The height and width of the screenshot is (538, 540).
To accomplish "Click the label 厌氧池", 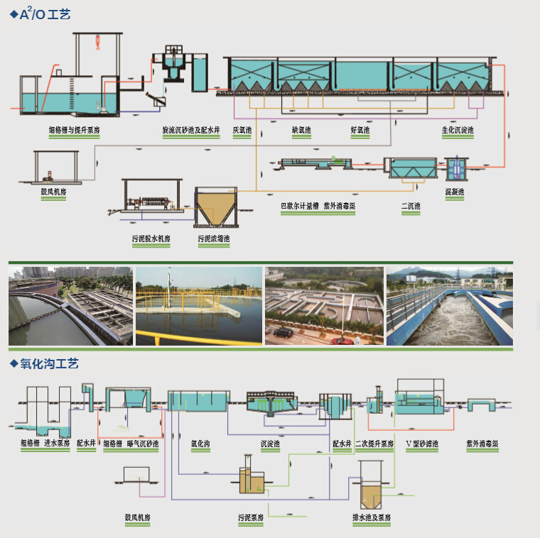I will click(x=242, y=131).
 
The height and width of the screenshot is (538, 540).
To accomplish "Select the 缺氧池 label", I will click(x=301, y=131).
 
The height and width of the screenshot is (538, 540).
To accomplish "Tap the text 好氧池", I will click(x=360, y=131).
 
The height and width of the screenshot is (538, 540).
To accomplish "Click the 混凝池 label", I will click(x=454, y=192).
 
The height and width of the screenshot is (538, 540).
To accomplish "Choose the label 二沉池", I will click(x=411, y=207).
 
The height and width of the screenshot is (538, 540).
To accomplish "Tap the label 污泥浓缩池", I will click(x=214, y=238).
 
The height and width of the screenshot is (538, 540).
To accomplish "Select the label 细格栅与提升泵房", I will click(x=74, y=131).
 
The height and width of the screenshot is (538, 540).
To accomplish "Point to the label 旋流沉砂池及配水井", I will click(x=190, y=131).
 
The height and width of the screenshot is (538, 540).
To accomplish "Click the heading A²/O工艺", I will click(x=44, y=13).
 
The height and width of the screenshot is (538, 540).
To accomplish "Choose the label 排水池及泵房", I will click(x=372, y=517).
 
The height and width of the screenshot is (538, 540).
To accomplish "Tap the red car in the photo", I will click(x=342, y=340).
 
